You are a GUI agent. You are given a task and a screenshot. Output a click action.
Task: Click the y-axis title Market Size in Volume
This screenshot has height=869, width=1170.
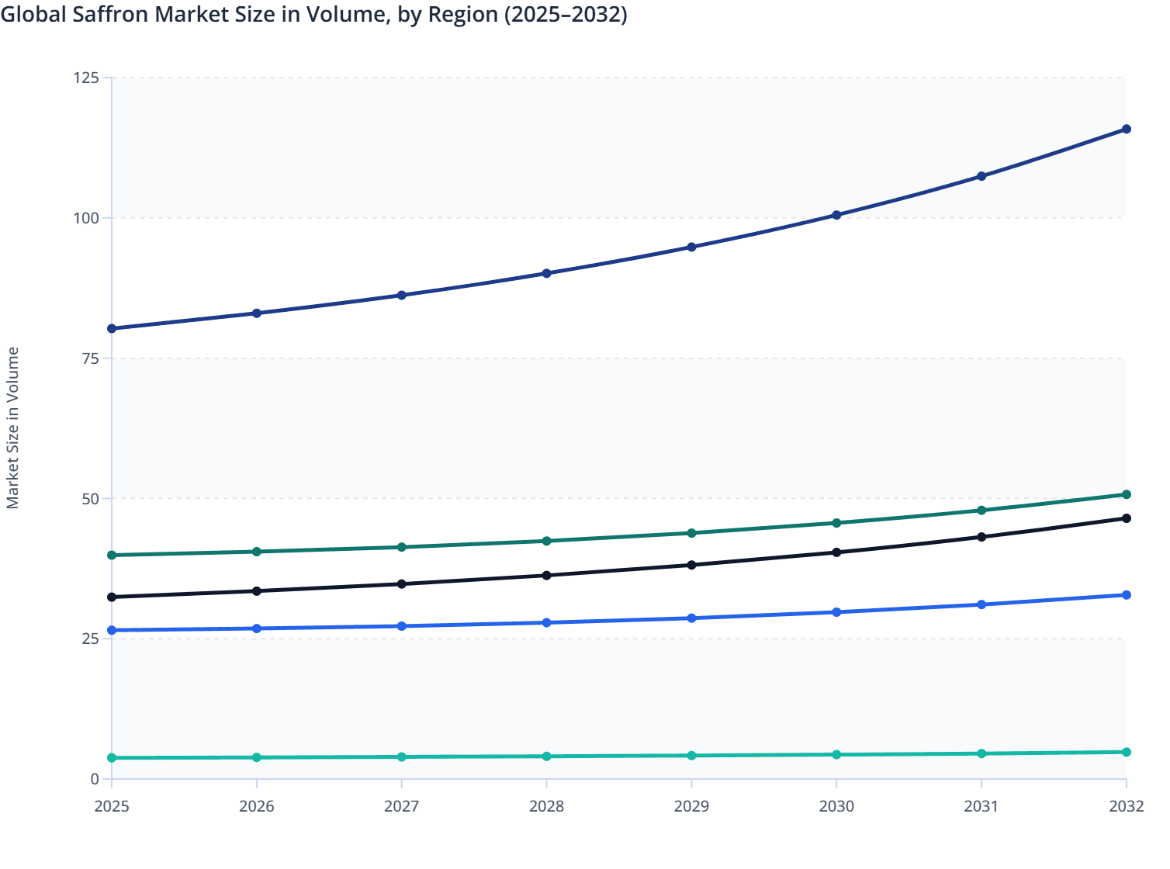pyautogui.click(x=13, y=428)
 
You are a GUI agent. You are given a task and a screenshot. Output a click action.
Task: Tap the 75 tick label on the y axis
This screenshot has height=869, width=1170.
pyautogui.click(x=90, y=358)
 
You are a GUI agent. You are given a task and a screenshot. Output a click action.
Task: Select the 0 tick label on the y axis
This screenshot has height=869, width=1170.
pyautogui.click(x=95, y=779)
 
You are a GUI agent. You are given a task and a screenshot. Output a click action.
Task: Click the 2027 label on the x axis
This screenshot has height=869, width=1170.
pyautogui.click(x=401, y=806)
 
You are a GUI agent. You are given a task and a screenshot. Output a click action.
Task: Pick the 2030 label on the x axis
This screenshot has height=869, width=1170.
pyautogui.click(x=836, y=806)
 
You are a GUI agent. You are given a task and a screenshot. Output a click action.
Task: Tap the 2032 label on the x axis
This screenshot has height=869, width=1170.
pyautogui.click(x=1126, y=806)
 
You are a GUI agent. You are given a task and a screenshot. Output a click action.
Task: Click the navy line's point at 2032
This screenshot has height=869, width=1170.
pyautogui.click(x=1126, y=129)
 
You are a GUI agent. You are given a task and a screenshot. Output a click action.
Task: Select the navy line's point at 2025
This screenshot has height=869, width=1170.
pyautogui.click(x=112, y=329)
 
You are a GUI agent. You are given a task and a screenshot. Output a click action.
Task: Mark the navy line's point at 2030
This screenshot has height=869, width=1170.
pyautogui.click(x=836, y=215)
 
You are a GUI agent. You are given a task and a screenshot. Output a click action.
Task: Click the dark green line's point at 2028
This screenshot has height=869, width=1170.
pyautogui.click(x=546, y=541)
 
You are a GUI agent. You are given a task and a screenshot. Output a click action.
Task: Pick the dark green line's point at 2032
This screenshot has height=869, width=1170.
pyautogui.click(x=1126, y=494)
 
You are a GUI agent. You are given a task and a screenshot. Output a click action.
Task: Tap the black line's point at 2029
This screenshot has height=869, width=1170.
pyautogui.click(x=691, y=565)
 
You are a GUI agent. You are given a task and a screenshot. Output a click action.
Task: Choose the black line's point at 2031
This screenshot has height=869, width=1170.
pyautogui.click(x=981, y=537)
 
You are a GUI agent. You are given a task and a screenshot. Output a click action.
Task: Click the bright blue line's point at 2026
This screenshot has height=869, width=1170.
pyautogui.click(x=257, y=628)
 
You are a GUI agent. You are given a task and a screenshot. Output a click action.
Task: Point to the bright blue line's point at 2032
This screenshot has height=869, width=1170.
pyautogui.click(x=1126, y=595)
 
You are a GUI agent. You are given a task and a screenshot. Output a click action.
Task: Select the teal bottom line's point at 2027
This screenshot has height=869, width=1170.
pyautogui.click(x=401, y=756)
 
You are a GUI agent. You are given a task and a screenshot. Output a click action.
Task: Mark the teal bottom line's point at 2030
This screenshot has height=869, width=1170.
pyautogui.click(x=836, y=754)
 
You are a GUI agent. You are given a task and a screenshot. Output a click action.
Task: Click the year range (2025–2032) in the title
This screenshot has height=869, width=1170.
pyautogui.click(x=566, y=15)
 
